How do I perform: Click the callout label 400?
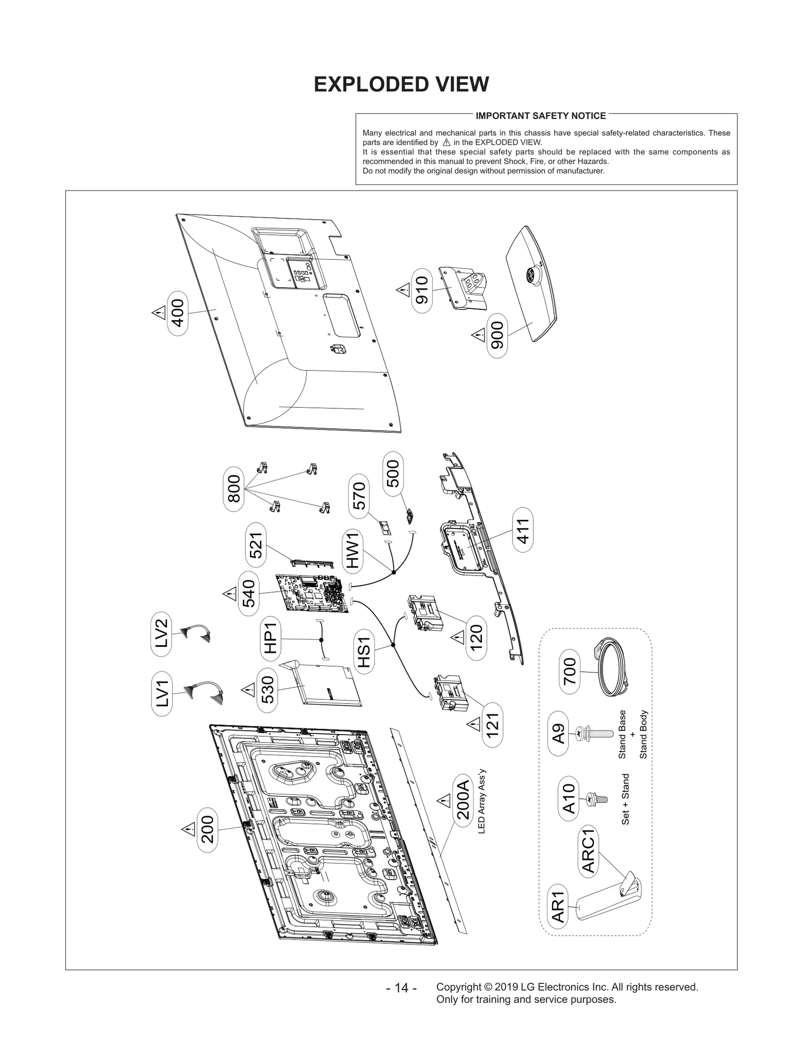coord(178,313)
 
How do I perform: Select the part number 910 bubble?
coord(422,290)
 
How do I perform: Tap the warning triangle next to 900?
coord(478,334)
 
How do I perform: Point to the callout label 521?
coord(256,545)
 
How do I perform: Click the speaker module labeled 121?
coord(452,692)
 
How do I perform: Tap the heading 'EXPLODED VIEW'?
coord(401,84)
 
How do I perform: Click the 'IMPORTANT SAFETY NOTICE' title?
coord(541,116)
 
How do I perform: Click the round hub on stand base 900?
coord(530,275)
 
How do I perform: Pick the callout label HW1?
coord(353,550)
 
